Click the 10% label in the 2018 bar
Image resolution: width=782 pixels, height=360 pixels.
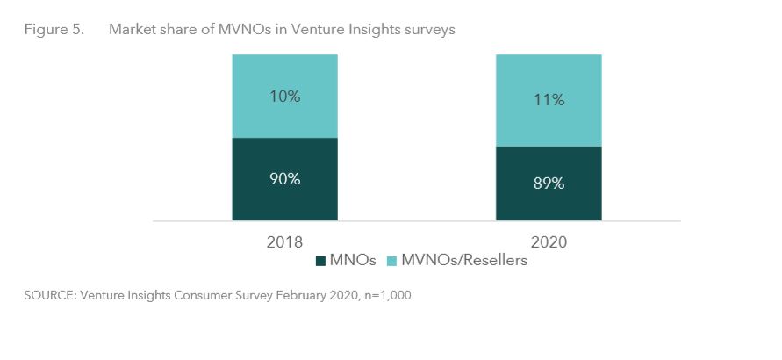coord(284,97)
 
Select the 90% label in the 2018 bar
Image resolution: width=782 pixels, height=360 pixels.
coord(284,179)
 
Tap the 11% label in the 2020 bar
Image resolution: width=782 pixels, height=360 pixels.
coord(549,101)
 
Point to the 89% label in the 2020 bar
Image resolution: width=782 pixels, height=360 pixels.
coord(549,184)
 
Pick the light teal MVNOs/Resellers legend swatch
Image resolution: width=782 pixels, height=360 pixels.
coord(391,261)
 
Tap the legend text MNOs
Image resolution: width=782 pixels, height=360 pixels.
coord(354,261)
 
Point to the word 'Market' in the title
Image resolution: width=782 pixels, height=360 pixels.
coord(131,30)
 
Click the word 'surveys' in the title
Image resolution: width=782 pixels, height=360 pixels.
coord(430,30)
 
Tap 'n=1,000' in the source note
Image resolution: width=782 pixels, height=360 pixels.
coord(384,296)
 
